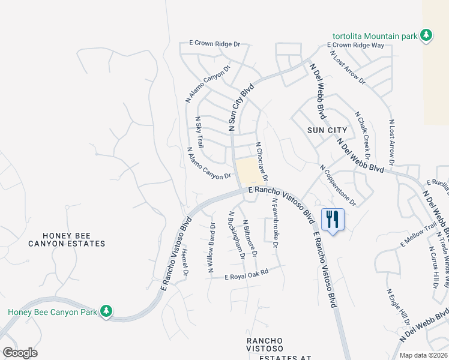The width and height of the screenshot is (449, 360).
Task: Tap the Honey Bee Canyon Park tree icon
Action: click(x=106, y=311)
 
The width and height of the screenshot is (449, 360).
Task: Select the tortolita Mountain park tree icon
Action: click(x=426, y=35)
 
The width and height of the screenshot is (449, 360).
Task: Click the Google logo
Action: click(x=20, y=353)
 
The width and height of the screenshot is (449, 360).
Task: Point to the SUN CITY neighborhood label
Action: click(x=327, y=130)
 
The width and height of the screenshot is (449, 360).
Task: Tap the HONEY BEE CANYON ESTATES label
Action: click(x=67, y=238)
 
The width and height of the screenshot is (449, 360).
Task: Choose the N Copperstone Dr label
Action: click(x=338, y=185)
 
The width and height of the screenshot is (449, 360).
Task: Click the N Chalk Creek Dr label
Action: click(x=363, y=132)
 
